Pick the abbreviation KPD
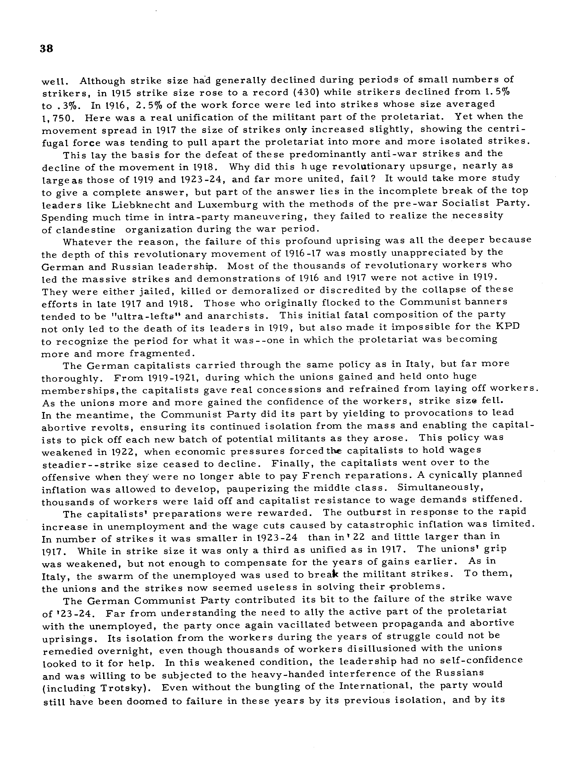tap(507, 326)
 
